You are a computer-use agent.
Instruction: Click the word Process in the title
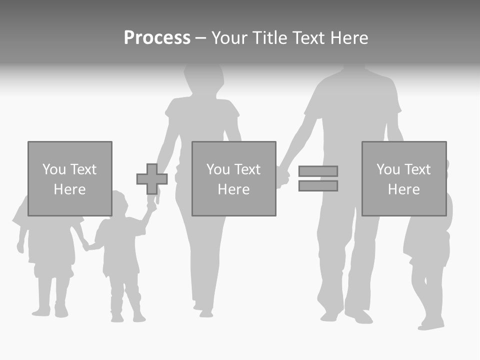point(157,38)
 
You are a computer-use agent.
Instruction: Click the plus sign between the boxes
point(152,179)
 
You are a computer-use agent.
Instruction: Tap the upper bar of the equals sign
point(318,171)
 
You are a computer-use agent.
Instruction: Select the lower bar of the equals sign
point(318,186)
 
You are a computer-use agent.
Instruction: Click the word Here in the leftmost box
point(69,189)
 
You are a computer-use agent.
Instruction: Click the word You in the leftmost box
point(54,169)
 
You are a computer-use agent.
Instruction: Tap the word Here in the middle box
point(233,189)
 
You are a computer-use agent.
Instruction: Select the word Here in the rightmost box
point(403,189)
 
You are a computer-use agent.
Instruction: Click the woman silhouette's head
point(203,77)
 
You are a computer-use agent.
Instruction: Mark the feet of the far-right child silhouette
point(430,324)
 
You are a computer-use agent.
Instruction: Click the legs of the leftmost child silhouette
point(50,292)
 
